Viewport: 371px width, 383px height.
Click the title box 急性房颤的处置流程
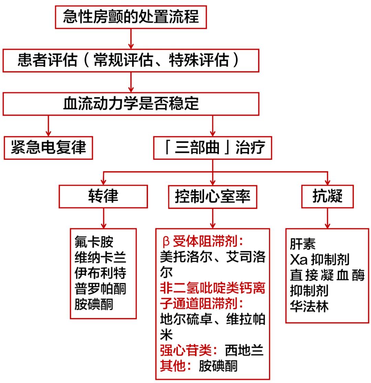131,17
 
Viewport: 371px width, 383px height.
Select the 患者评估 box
131,61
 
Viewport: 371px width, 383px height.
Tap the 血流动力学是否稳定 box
131,104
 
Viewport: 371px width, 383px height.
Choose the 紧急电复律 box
48,148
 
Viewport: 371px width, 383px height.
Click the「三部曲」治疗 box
212,148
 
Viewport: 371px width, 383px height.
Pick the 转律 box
103,196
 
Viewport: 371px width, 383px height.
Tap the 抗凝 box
327,197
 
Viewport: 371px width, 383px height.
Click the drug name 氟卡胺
94,242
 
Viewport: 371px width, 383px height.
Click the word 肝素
303,244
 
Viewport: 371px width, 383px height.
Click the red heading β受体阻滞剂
203,242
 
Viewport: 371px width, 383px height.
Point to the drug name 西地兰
244,351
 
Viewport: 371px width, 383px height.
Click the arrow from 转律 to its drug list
103,218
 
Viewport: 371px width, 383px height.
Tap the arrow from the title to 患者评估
131,39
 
